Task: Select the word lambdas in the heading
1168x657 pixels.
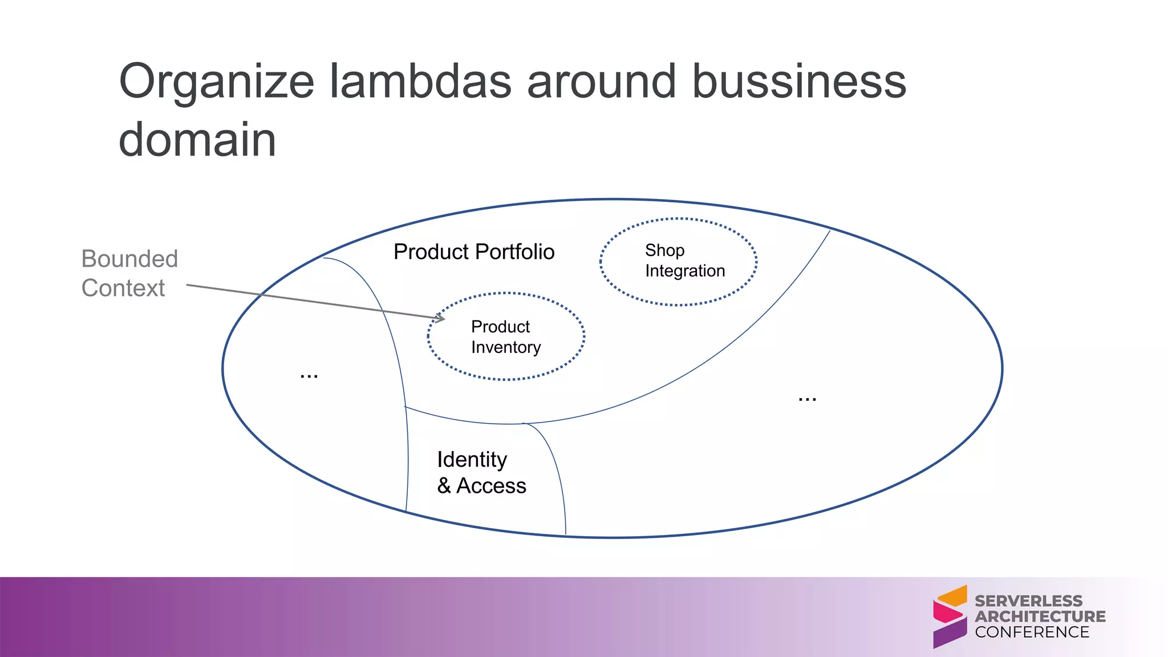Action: [421, 82]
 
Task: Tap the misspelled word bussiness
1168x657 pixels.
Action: [798, 82]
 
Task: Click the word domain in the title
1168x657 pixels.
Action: [197, 140]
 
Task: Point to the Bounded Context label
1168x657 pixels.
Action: [129, 273]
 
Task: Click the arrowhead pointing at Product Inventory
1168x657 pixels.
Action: [440, 318]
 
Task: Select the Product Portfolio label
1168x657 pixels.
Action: [473, 252]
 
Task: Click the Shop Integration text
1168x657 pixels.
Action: [684, 261]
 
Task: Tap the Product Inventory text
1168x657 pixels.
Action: [505, 337]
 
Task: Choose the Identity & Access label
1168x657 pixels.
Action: [481, 472]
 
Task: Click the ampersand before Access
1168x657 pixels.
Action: [444, 486]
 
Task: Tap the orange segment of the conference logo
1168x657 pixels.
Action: [954, 597]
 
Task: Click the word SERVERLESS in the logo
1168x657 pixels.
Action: [1028, 601]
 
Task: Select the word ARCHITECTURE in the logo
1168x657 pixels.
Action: [1040, 617]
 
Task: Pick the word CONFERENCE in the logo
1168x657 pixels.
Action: [1032, 632]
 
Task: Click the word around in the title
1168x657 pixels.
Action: [601, 82]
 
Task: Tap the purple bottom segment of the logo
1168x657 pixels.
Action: [950, 633]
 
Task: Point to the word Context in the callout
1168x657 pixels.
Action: [123, 288]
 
